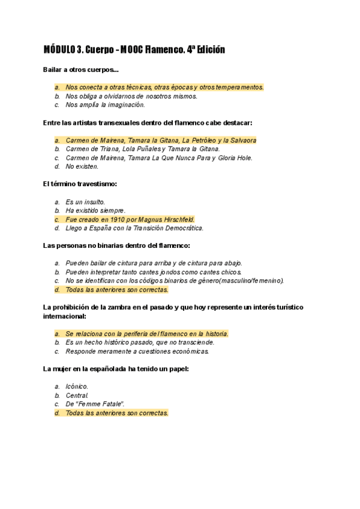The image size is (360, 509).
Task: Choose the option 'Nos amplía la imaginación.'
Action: [105, 105]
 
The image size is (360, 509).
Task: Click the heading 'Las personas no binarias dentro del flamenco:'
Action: [116, 245]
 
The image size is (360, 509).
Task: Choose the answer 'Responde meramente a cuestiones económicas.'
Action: [137, 351]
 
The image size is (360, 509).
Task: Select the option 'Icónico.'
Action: [77, 387]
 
